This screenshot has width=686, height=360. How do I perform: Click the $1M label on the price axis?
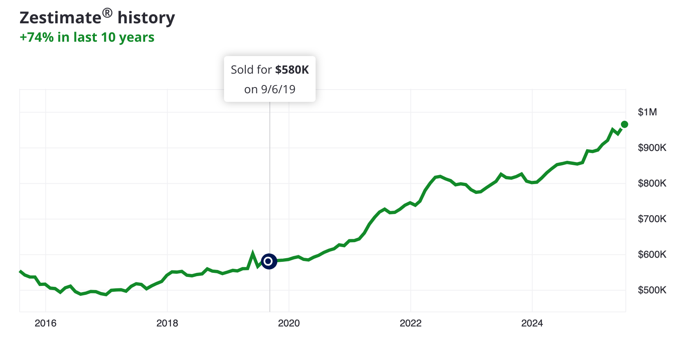(647, 112)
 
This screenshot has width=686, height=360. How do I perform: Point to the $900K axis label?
(652, 148)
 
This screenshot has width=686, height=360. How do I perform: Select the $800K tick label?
(652, 183)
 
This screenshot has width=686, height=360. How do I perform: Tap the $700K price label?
(652, 219)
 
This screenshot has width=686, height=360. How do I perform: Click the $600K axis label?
(652, 254)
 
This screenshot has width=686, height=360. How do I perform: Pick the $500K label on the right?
(652, 290)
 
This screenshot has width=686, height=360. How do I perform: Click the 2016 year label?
(45, 323)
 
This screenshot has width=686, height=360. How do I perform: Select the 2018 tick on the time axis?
(167, 323)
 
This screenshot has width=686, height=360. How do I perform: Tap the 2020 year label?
(289, 323)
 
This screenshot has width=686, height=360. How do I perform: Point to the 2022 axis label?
(410, 323)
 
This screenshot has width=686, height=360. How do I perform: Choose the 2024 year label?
(532, 323)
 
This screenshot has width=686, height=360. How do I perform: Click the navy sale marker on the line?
(269, 261)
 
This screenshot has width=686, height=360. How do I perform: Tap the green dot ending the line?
(624, 124)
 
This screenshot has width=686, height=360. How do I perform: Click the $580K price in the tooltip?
(292, 70)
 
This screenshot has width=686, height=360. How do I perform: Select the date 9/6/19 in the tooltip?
(278, 90)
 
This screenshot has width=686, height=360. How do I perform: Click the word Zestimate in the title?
(60, 18)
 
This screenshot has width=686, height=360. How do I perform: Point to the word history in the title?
(146, 18)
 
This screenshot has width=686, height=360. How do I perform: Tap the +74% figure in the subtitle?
(37, 37)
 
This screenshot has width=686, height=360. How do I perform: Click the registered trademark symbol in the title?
(107, 13)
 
